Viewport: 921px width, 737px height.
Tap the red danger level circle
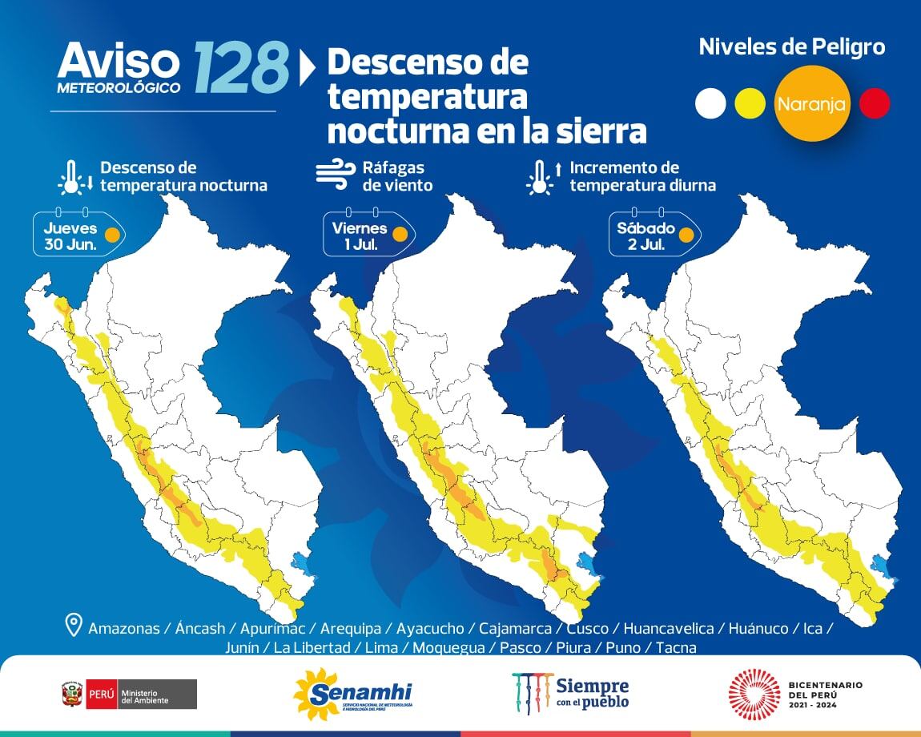tap(875, 103)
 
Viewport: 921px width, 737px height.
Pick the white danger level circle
tap(710, 103)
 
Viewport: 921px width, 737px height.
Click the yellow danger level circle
tap(750, 103)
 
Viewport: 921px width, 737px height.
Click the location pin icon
tap(74, 625)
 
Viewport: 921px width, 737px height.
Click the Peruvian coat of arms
tap(72, 694)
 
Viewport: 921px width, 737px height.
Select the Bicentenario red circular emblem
tap(754, 694)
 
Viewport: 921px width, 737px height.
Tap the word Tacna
tap(676, 647)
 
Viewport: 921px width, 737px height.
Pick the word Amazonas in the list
tap(124, 629)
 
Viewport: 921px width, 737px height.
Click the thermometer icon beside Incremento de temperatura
tap(541, 177)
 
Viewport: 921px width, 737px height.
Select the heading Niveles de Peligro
tap(791, 46)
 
